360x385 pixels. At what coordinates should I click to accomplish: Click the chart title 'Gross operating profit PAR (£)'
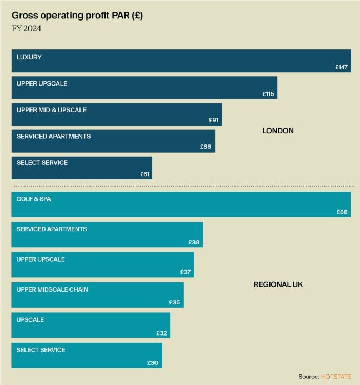(77, 16)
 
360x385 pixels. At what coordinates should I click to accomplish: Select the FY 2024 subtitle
(26, 29)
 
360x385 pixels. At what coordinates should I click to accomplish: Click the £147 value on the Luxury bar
(341, 67)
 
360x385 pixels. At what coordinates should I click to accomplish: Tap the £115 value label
(268, 94)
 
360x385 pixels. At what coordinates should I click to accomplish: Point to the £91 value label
(214, 120)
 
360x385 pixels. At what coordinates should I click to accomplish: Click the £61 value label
(144, 174)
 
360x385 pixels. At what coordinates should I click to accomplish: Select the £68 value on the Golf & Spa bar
(342, 212)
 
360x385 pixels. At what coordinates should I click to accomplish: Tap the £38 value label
(194, 242)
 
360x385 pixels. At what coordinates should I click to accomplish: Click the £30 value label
(153, 363)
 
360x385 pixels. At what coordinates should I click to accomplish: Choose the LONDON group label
(278, 131)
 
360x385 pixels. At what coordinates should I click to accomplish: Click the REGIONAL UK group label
(278, 284)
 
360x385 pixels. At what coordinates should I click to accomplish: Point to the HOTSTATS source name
(336, 377)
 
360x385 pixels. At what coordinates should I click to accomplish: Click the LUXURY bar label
(29, 57)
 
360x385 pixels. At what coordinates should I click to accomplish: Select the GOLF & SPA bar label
(33, 199)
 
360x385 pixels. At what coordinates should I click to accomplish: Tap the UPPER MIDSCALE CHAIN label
(52, 289)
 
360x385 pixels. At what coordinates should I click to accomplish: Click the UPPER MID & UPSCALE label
(52, 110)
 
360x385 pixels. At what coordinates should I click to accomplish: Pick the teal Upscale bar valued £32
(91, 325)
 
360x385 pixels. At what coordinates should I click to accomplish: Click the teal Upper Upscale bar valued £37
(103, 264)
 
